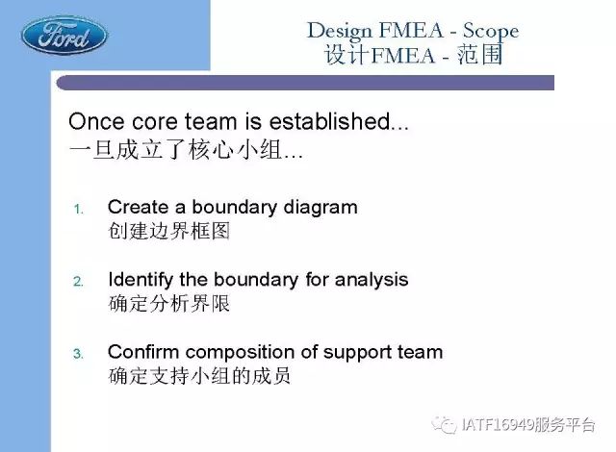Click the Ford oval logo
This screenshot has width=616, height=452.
(64, 36)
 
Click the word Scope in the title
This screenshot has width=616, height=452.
(491, 32)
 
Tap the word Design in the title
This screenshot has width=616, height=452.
(339, 32)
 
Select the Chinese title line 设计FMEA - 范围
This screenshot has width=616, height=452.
(413, 55)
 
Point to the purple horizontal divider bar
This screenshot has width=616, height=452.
(305, 83)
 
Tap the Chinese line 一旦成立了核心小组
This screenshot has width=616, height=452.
(186, 149)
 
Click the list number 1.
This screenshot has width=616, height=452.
(79, 209)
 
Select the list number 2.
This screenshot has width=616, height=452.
(79, 282)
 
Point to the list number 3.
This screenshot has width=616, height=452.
(79, 354)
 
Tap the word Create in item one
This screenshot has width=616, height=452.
(138, 207)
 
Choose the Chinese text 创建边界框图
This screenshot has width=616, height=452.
(169, 231)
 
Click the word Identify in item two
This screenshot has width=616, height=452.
(141, 281)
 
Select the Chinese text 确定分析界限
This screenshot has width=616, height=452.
(169, 303)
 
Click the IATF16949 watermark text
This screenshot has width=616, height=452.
(514, 425)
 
